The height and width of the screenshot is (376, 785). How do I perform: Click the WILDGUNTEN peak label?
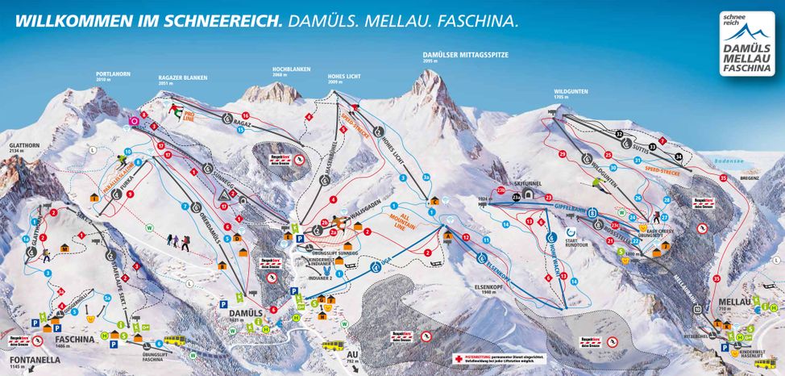568,92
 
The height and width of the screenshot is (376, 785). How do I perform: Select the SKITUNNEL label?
521,183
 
